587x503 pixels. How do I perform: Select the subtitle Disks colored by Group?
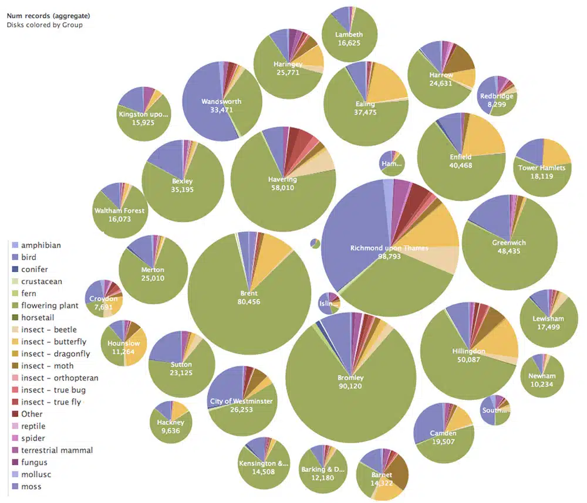[45, 25]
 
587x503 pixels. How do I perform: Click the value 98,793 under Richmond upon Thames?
[389, 257]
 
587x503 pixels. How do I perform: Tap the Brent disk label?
[249, 293]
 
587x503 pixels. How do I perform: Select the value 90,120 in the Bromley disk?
[350, 386]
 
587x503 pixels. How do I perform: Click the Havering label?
[283, 179]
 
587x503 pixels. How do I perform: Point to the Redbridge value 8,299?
[497, 104]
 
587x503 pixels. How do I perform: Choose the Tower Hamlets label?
[541, 168]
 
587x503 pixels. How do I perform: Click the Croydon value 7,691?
[103, 307]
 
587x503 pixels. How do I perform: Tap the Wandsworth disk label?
[221, 101]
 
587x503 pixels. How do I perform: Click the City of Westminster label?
[241, 401]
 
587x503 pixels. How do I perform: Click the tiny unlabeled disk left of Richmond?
[315, 243]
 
